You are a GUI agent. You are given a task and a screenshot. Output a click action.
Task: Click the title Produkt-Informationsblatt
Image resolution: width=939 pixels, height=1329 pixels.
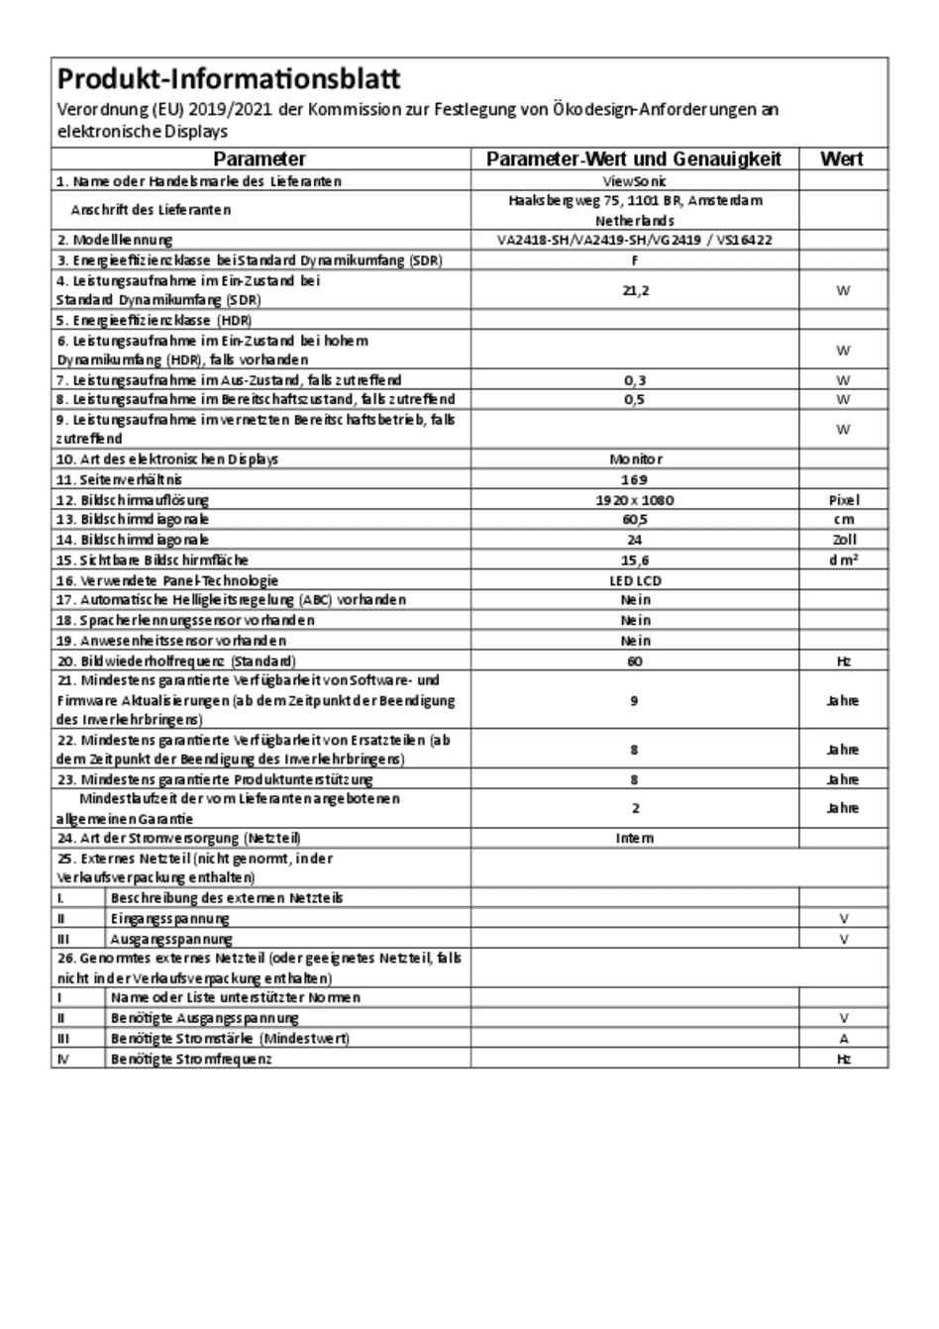229,78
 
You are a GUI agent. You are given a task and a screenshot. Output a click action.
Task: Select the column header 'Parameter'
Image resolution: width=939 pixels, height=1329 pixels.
260,158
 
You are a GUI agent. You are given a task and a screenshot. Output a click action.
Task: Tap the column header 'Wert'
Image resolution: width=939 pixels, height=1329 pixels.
842,158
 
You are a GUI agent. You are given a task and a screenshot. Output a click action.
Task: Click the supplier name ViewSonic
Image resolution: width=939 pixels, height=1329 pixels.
635,181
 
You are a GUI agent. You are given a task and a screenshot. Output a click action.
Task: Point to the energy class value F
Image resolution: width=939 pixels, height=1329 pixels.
635,260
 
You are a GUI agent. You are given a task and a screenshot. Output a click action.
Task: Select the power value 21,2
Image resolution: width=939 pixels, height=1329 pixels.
635,290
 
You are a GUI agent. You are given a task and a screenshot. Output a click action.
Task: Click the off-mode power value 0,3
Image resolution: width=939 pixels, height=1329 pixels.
635,379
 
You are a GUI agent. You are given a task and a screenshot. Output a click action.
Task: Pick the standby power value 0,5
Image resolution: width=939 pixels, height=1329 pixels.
635,399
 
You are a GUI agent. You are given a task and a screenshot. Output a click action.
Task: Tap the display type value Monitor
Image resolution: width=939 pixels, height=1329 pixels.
635,460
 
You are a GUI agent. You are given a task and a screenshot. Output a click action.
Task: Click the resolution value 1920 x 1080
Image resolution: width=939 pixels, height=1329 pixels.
635,500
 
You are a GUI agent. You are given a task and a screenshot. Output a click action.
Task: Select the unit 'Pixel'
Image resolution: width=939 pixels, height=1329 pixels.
843,500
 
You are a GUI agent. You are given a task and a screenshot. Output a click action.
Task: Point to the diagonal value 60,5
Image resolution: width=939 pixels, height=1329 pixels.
635,519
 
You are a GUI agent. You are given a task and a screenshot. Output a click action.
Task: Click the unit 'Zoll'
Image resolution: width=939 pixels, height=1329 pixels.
843,540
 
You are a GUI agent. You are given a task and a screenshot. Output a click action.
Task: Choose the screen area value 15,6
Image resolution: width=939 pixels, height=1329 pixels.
635,560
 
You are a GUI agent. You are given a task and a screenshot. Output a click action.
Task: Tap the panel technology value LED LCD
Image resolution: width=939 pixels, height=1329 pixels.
635,580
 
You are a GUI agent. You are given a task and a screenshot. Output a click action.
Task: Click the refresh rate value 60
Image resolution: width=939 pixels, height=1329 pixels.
635,661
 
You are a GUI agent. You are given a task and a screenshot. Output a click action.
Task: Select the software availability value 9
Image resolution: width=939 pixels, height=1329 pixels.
635,700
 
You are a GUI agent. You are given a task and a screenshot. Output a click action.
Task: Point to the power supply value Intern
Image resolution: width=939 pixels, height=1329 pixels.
635,838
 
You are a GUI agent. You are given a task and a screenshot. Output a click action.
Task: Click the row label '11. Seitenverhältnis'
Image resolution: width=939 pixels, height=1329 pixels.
119,479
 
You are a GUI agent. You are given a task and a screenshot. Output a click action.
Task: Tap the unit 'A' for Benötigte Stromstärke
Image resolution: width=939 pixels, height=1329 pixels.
843,1039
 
